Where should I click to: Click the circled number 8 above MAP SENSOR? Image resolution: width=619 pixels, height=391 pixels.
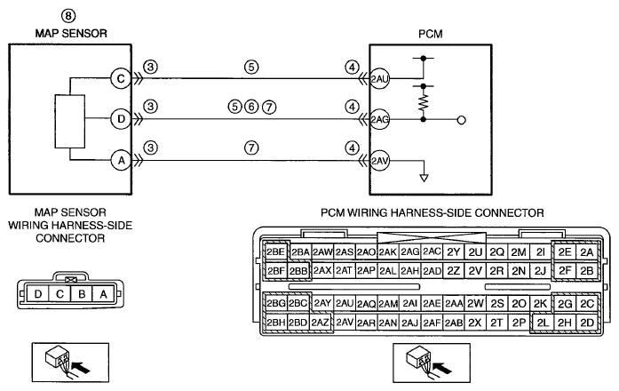click(68, 16)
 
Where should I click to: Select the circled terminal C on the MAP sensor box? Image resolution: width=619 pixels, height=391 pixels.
click(121, 78)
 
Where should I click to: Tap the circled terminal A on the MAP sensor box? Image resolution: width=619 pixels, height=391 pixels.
click(121, 160)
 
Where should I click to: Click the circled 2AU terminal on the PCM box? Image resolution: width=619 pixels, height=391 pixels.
click(379, 79)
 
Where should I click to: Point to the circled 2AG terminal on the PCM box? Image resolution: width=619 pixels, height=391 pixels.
click(379, 119)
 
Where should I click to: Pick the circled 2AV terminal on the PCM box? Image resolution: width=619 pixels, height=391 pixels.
click(379, 161)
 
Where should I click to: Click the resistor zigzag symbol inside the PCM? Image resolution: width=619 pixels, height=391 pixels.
click(424, 102)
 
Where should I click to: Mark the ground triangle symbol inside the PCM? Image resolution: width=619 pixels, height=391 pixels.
click(424, 178)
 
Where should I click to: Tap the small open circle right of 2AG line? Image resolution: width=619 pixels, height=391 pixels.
click(461, 120)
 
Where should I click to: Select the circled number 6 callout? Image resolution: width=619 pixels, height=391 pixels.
click(251, 107)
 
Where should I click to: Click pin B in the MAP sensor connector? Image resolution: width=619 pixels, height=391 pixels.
click(82, 294)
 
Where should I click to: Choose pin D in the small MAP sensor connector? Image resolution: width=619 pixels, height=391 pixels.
click(38, 294)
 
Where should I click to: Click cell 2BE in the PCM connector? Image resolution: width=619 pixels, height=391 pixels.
click(275, 251)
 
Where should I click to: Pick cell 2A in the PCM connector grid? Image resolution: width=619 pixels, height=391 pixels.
click(587, 251)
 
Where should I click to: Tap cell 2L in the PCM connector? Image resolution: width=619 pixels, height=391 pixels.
click(543, 323)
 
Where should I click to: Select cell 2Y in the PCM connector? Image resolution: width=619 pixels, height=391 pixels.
click(454, 252)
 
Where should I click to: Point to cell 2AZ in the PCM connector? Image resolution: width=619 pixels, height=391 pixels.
click(320, 323)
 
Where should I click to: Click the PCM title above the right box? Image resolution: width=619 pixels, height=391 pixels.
click(431, 34)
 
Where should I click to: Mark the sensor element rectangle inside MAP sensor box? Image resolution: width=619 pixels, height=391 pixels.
click(70, 121)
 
